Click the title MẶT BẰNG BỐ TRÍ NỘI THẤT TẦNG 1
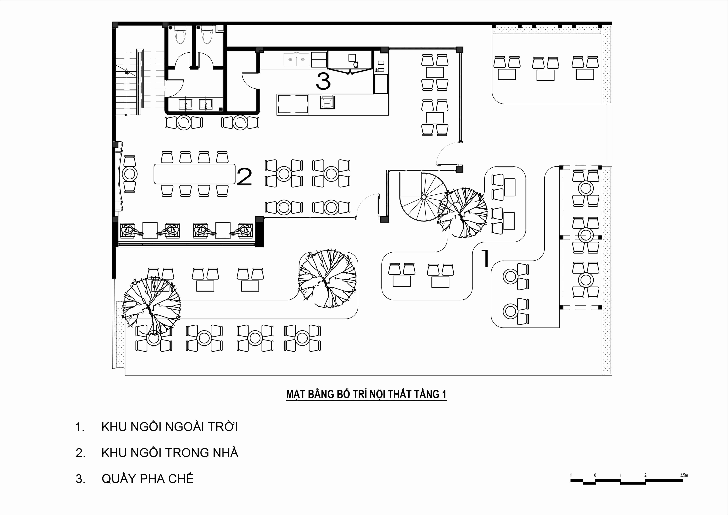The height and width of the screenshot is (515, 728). [366, 394]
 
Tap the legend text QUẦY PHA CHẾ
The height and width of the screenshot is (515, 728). [147, 479]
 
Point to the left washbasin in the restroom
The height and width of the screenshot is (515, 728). [185, 104]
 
